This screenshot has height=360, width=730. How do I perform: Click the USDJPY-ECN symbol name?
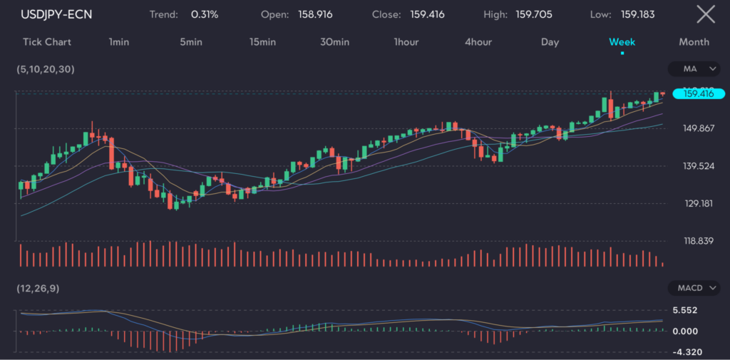[x=56, y=14]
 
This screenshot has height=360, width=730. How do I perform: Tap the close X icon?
[x=705, y=14]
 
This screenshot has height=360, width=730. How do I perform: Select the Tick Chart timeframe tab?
[x=47, y=41]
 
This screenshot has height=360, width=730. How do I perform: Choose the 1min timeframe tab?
[x=119, y=41]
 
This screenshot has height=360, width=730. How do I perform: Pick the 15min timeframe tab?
[x=262, y=41]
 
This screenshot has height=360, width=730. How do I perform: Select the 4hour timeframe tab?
[x=478, y=41]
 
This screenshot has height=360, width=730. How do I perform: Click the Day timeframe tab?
[x=550, y=41]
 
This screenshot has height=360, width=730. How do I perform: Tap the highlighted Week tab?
[x=622, y=41]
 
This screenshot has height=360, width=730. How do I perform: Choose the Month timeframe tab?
[x=694, y=41]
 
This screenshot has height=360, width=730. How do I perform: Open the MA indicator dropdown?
[x=694, y=69]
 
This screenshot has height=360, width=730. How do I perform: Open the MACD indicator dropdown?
[x=694, y=288]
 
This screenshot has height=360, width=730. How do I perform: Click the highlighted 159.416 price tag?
[x=699, y=93]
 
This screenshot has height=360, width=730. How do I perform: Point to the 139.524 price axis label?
[x=699, y=166]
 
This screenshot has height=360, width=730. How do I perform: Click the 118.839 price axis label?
[x=699, y=241]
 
